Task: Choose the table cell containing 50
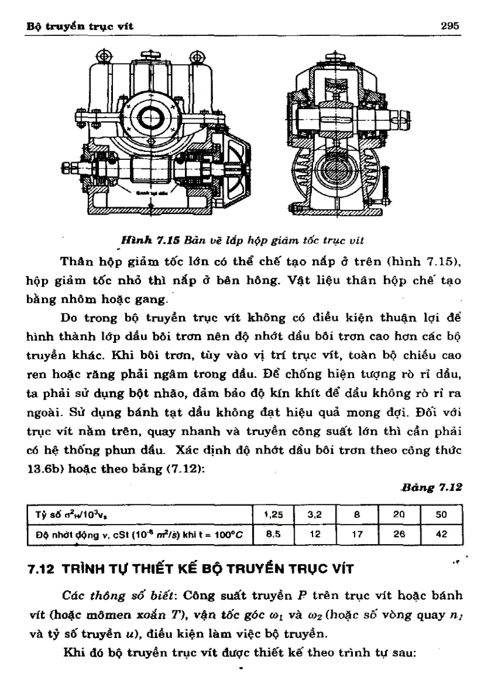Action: point(441,514)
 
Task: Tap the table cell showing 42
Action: point(441,533)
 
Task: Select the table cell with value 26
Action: point(399,533)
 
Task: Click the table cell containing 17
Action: point(357,533)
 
